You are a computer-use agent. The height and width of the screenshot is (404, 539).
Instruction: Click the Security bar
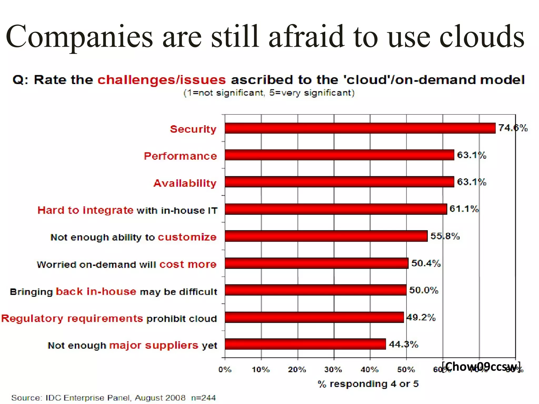[x=360, y=128]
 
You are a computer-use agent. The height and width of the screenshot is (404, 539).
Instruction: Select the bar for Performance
[x=340, y=155]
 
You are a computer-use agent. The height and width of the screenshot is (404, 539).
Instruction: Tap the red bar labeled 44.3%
[x=305, y=344]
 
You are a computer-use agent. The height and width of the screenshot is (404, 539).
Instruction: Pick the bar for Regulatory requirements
[x=314, y=317]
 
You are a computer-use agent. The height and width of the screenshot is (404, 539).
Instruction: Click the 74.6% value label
[x=513, y=128]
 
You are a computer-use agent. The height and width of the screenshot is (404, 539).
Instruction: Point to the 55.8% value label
[x=445, y=236]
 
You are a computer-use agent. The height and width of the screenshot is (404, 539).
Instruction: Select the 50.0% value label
[x=423, y=290]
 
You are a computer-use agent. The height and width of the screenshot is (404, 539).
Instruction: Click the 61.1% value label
[x=464, y=209]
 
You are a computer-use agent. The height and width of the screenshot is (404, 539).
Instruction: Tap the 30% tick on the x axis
[x=333, y=370]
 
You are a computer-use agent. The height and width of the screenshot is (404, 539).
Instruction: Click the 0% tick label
[x=225, y=370]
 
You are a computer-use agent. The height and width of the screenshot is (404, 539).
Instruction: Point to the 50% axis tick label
[x=406, y=370]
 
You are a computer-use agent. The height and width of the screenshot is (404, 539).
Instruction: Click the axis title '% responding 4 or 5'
[x=368, y=384]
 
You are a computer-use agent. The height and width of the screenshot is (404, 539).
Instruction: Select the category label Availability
[x=185, y=183]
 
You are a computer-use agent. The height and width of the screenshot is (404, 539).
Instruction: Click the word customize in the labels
[x=187, y=237]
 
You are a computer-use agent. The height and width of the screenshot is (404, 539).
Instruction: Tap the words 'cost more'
[x=188, y=264]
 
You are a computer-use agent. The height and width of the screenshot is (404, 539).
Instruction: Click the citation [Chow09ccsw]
[x=481, y=366]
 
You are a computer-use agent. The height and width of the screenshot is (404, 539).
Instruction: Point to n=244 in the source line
[x=203, y=398]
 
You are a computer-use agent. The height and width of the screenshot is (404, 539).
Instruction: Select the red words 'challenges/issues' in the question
[x=162, y=80]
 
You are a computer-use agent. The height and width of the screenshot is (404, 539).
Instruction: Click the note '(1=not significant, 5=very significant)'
[x=269, y=93]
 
